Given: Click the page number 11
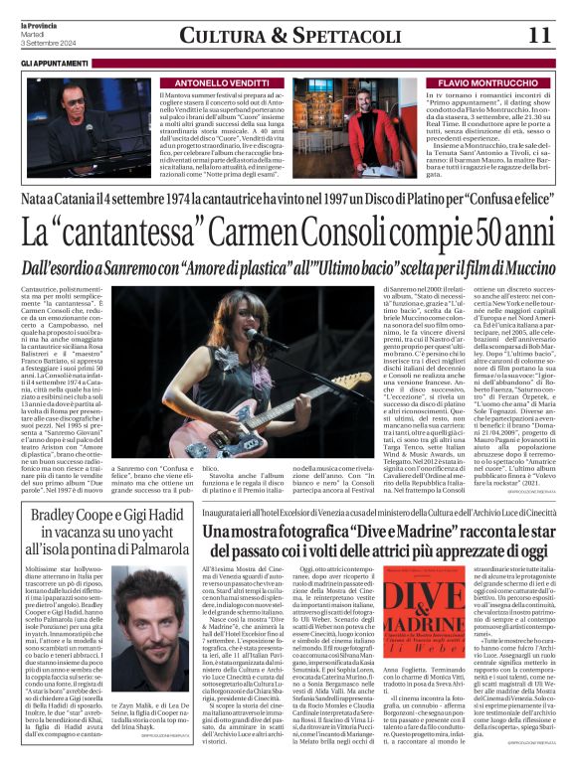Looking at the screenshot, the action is coord(537,35).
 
